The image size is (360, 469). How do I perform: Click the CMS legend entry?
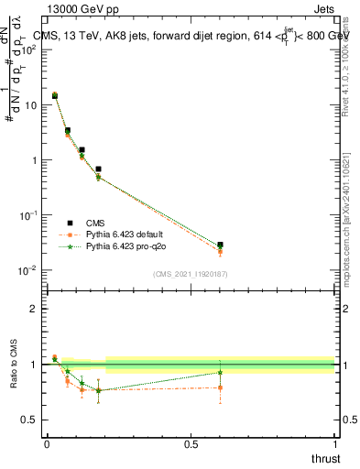pyautogui.click(x=95, y=223)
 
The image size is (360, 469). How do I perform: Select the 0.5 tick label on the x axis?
pyautogui.click(x=191, y=443)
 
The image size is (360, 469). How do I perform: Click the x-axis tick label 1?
pyautogui.click(x=334, y=443)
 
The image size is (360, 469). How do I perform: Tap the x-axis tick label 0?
pyautogui.click(x=47, y=443)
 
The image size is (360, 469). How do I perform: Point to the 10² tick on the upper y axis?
pyautogui.click(x=30, y=49)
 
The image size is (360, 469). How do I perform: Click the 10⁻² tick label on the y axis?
pyautogui.click(x=29, y=270)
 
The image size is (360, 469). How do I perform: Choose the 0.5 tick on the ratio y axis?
pyautogui.click(x=32, y=420)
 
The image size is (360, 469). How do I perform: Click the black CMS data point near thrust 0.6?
pyautogui.click(x=220, y=245)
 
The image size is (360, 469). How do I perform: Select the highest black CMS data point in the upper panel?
pyautogui.click(x=55, y=95)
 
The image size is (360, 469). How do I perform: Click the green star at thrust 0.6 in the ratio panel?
pyautogui.click(x=220, y=372)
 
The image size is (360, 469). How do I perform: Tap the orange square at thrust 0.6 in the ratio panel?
pyautogui.click(x=220, y=387)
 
